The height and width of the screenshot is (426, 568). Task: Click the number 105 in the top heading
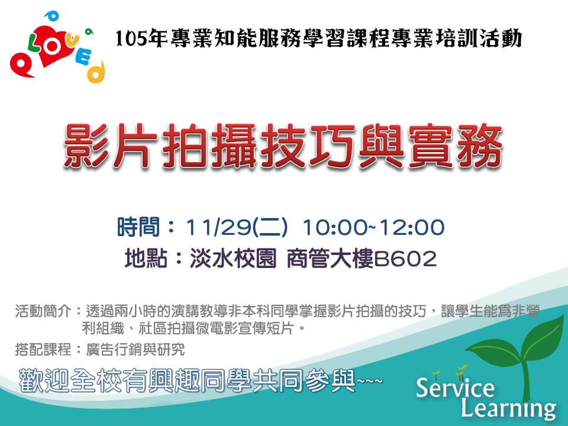click(x=132, y=39)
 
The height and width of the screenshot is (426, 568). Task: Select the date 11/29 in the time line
click(x=217, y=227)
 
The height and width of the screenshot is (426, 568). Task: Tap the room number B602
click(x=405, y=259)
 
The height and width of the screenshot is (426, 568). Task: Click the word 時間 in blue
click(x=138, y=227)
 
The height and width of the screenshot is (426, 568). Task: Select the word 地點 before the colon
click(x=146, y=259)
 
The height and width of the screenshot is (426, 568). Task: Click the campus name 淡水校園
click(x=233, y=259)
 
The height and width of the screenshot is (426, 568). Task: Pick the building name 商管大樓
click(x=330, y=259)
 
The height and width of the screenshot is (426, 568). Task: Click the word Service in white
click(x=455, y=387)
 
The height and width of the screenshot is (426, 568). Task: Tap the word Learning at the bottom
click(x=509, y=408)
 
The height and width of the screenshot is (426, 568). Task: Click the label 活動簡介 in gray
click(x=43, y=311)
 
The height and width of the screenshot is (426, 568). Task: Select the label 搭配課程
click(x=43, y=350)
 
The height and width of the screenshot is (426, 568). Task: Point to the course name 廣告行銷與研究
click(x=135, y=350)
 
